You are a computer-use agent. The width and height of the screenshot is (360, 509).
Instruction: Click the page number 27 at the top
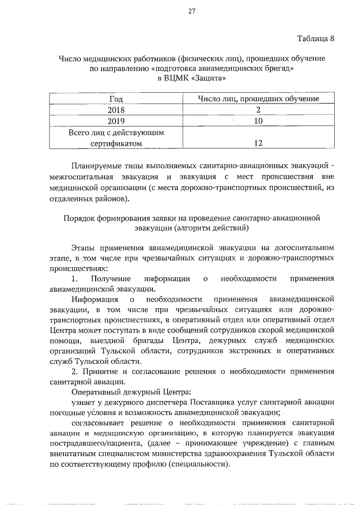(x=191, y=12)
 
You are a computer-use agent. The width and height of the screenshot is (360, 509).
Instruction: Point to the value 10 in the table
(x=258, y=121)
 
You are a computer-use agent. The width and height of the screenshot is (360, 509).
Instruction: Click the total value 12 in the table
(x=258, y=143)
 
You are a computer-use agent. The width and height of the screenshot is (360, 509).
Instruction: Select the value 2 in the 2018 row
(x=258, y=110)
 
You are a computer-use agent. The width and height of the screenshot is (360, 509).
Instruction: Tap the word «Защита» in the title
(x=205, y=79)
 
